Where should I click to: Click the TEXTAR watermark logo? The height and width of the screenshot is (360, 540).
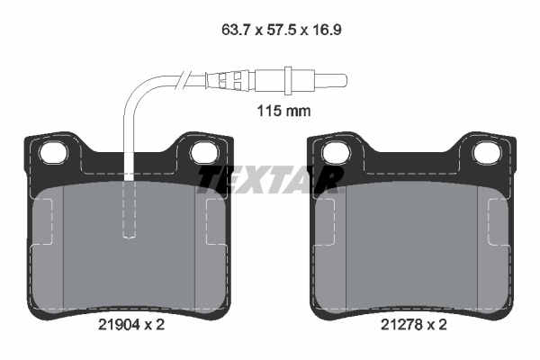[x=270, y=179]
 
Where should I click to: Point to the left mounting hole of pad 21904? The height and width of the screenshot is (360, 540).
[x=57, y=152]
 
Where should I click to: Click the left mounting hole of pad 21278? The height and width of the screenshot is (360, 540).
[x=337, y=152]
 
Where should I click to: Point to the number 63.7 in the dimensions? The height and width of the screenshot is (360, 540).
[x=237, y=29]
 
